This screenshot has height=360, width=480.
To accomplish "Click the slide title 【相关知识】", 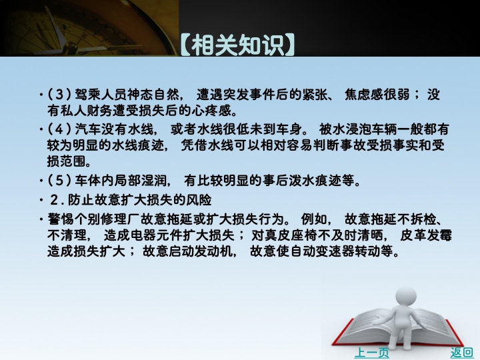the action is point(237,45).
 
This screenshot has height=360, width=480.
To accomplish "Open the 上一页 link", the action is point(371,353).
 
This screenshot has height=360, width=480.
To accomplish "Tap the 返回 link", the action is point(461,353).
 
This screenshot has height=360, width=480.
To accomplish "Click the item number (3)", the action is point(59,94).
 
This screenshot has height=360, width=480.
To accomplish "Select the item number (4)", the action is point(59,129).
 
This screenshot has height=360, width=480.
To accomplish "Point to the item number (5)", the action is point(59,180).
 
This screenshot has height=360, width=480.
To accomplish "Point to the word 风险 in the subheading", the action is point(199,200).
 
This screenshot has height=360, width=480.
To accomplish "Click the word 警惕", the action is point(60,219).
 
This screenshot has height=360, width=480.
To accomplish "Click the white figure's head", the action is point(405,297).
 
